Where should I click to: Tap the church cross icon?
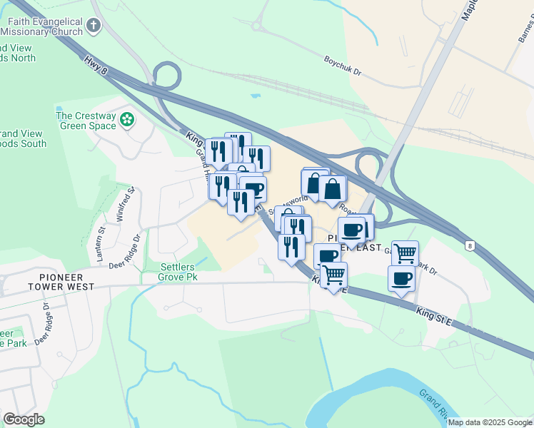pyautogui.click(x=93, y=27)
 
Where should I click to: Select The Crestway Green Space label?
pyautogui.click(x=86, y=121)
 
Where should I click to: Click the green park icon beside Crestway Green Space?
pyautogui.click(x=127, y=119)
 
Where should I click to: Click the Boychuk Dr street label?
pyautogui.click(x=343, y=67)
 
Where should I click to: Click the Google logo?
pyautogui.click(x=24, y=419)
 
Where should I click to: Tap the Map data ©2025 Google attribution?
pyautogui.click(x=490, y=422)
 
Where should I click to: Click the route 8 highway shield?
pyautogui.click(x=470, y=245)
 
